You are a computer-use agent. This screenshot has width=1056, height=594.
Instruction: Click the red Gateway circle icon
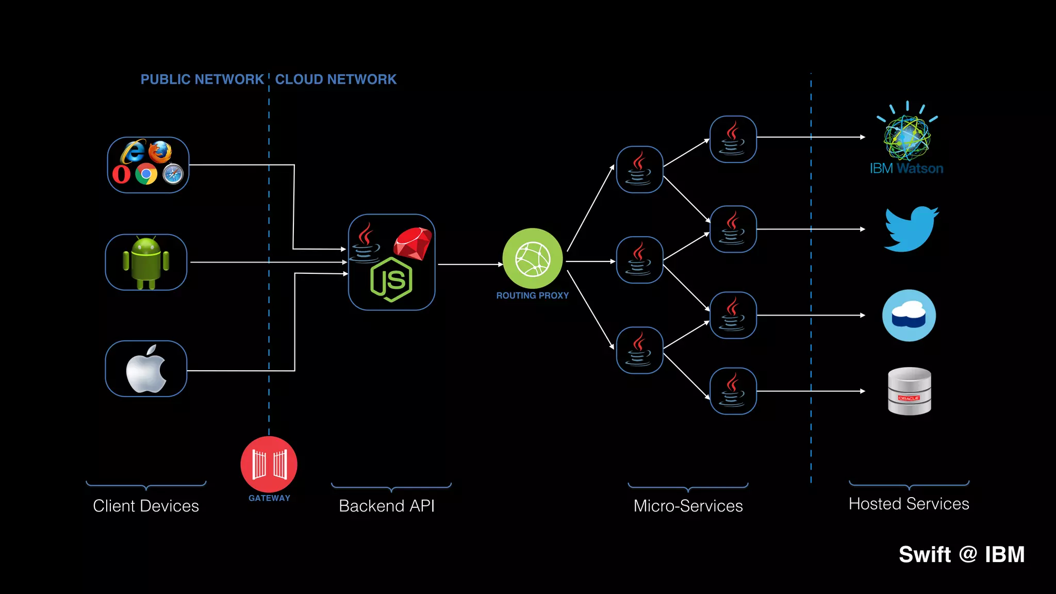tap(269, 464)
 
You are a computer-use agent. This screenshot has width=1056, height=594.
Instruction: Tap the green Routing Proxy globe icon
tap(533, 259)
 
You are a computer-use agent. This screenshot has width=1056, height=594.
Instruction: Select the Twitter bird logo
tap(911, 229)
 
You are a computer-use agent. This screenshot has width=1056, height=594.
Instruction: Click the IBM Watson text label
tap(906, 169)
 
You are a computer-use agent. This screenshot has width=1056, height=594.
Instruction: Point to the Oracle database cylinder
tap(909, 391)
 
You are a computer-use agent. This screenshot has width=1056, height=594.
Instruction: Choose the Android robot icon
tap(146, 262)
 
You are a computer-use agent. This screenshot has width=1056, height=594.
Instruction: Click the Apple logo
tap(146, 369)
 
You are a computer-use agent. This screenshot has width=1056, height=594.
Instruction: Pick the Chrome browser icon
tap(146, 174)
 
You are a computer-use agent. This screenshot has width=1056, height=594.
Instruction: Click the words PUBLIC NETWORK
tap(202, 79)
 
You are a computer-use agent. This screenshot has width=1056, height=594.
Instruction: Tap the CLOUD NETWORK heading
tap(336, 79)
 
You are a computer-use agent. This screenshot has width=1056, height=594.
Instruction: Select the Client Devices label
tap(146, 506)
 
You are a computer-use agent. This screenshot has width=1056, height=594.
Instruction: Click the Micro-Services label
tap(688, 506)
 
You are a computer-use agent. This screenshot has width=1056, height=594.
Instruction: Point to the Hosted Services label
tap(909, 504)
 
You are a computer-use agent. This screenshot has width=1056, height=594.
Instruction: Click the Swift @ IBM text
tap(962, 555)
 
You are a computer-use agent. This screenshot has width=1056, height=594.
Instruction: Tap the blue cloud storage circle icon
tap(909, 316)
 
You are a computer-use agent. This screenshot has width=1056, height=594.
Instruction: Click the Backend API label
tap(387, 506)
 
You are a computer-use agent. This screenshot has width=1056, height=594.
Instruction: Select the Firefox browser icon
tap(160, 152)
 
